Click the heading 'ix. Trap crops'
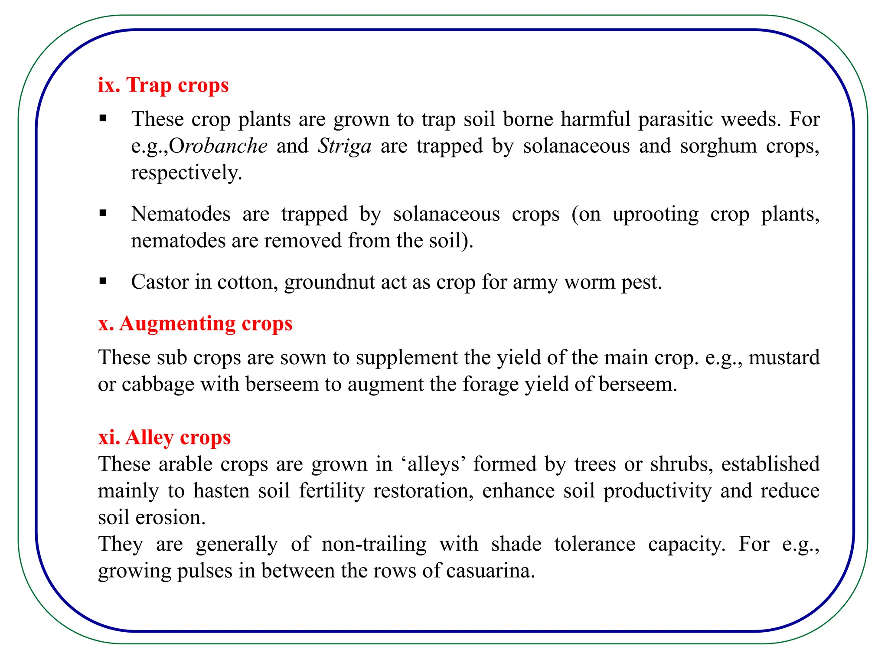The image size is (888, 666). tap(163, 85)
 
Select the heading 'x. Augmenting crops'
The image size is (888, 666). tap(195, 324)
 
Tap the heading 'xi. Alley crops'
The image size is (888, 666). tap(164, 437)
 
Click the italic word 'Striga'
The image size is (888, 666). tap(345, 146)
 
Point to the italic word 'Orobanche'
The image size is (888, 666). tap(218, 146)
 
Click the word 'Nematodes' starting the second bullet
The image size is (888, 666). tap(181, 214)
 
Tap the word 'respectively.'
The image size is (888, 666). tap(186, 173)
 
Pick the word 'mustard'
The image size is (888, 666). tap(784, 358)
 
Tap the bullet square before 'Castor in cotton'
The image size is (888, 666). tap(103, 281)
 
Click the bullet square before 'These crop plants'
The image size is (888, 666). tap(103, 118)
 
